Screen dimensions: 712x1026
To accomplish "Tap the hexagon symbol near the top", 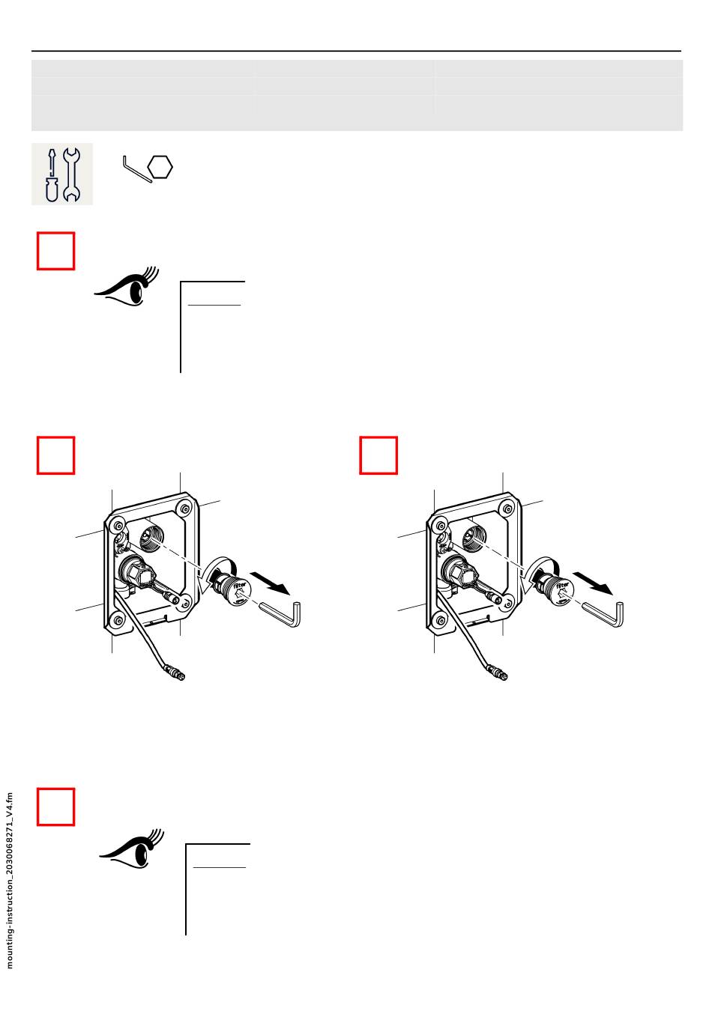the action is coord(160,167).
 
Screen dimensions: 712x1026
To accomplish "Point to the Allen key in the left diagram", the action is coord(283,611).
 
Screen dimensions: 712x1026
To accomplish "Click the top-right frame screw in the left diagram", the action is coord(184,506).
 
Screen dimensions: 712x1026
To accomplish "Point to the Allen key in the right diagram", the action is coord(605,611).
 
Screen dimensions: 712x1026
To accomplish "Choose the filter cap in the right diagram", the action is coord(555,589).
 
